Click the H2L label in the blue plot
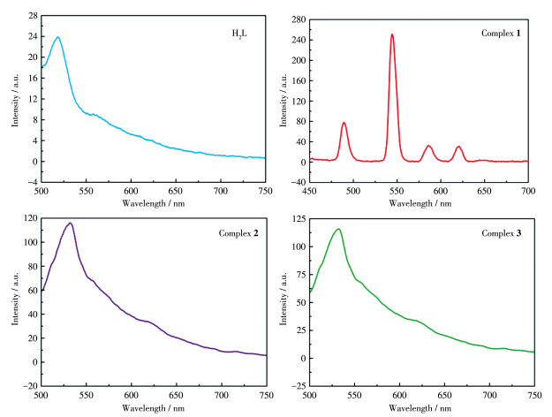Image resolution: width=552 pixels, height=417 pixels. point(237,34)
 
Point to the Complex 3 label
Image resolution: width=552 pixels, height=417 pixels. point(504,232)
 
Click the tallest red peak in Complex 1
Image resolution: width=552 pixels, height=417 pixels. point(392,35)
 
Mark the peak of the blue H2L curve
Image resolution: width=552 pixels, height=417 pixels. point(57,37)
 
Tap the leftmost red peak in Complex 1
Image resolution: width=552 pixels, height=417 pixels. point(344,123)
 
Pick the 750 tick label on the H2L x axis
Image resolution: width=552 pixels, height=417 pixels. point(266,191)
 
